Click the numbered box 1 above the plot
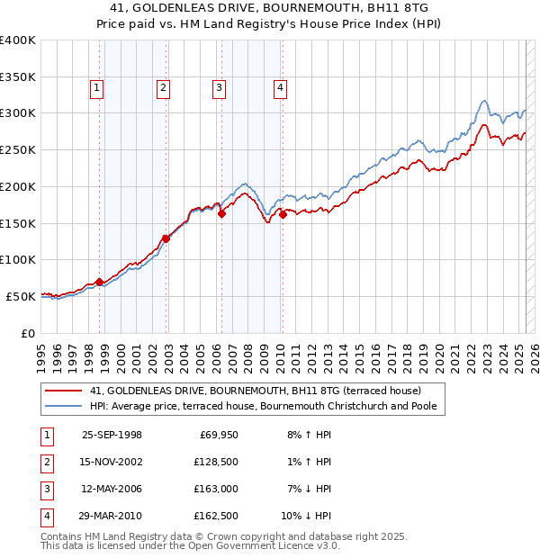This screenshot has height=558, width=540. coord(96,87)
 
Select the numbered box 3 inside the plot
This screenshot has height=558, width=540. coord(219,87)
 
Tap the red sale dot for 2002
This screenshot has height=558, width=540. coord(166,238)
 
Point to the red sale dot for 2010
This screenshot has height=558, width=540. coord(283,214)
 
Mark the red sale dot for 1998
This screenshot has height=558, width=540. coord(99,282)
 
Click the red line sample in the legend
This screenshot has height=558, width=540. coord(64,391)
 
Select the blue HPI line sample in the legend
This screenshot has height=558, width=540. coord(64,407)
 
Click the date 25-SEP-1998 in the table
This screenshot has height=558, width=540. coord(112,435)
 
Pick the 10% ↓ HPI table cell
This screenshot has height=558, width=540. coord(306,516)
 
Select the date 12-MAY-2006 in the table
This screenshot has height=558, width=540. coord(112,489)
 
